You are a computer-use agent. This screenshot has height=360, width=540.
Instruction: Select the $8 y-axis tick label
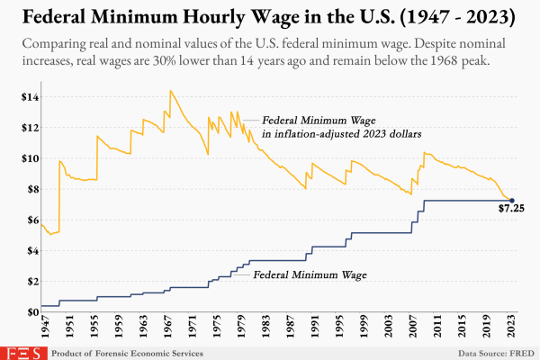pyautogui.click(x=30, y=189)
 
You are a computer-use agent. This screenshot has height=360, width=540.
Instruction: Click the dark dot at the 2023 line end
pyautogui.click(x=512, y=200)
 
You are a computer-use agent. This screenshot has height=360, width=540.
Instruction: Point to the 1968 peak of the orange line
pyautogui.click(x=170, y=91)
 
